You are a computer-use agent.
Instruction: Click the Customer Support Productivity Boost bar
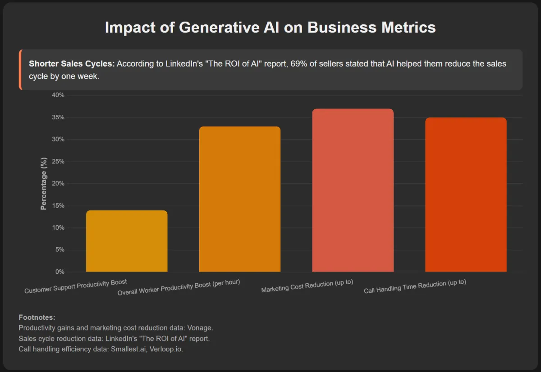[x=127, y=241]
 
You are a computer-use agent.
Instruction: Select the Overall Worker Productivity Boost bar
[x=240, y=199]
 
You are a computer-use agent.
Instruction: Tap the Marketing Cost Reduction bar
[x=353, y=190]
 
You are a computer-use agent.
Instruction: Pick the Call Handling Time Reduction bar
[x=466, y=195]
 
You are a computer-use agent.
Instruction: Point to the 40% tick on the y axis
[x=59, y=95]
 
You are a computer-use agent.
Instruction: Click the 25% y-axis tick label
[x=59, y=162]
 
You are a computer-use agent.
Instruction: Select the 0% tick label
[x=60, y=272]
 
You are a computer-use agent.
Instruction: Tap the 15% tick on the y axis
[x=59, y=206]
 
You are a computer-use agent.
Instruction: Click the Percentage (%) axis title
[x=44, y=184]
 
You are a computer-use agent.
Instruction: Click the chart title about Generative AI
[x=270, y=27]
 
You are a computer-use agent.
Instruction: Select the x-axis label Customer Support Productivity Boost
[x=76, y=286]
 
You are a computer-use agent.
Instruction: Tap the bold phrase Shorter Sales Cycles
[x=71, y=64]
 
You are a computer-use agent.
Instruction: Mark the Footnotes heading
[x=37, y=318]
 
